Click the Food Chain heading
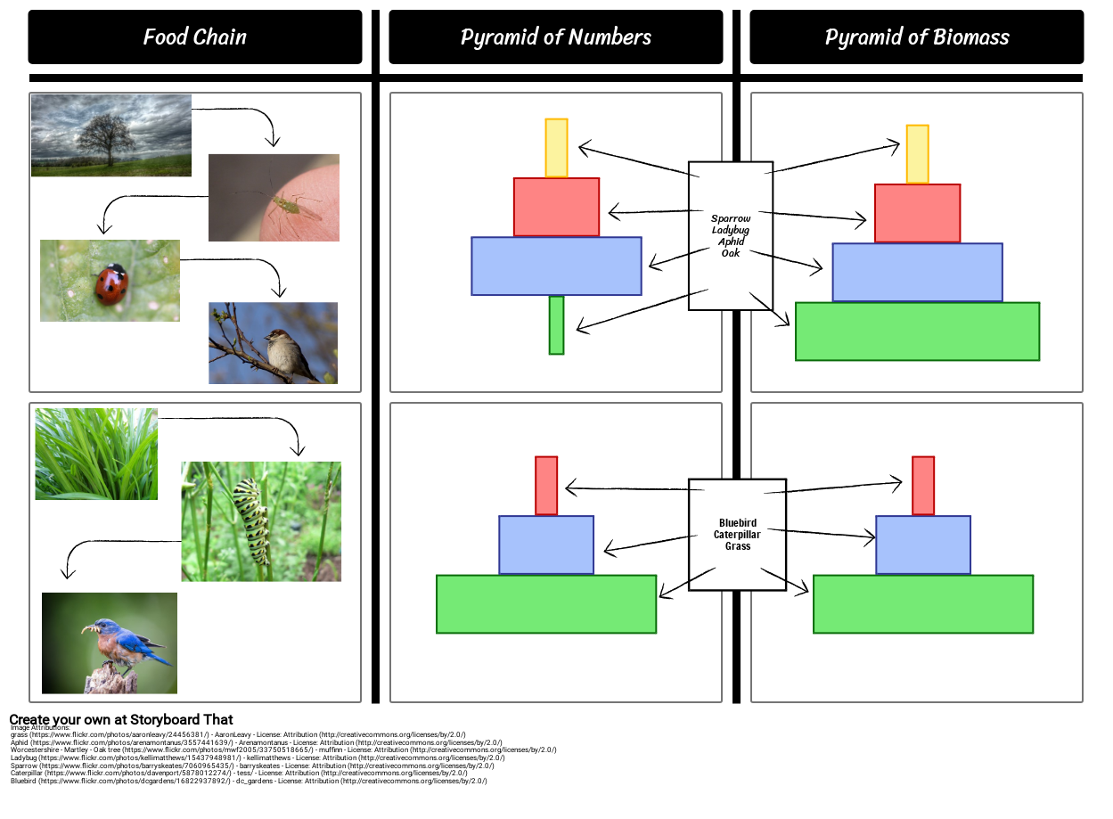pos(194,37)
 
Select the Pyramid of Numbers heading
pos(555,37)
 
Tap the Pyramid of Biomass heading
pos(916,37)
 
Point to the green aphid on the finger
pos(285,205)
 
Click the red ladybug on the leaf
pos(112,283)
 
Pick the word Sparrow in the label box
pos(731,218)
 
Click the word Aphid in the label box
pos(731,242)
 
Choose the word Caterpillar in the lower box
pos(737,535)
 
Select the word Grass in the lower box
pos(737,546)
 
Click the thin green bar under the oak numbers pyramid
pos(556,325)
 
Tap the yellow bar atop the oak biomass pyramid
pos(917,154)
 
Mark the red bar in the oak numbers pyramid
pos(556,207)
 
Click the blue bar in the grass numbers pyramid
pos(546,545)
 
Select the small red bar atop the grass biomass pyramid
pos(923,486)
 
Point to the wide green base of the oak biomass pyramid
pos(917,332)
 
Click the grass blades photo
pos(96,454)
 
